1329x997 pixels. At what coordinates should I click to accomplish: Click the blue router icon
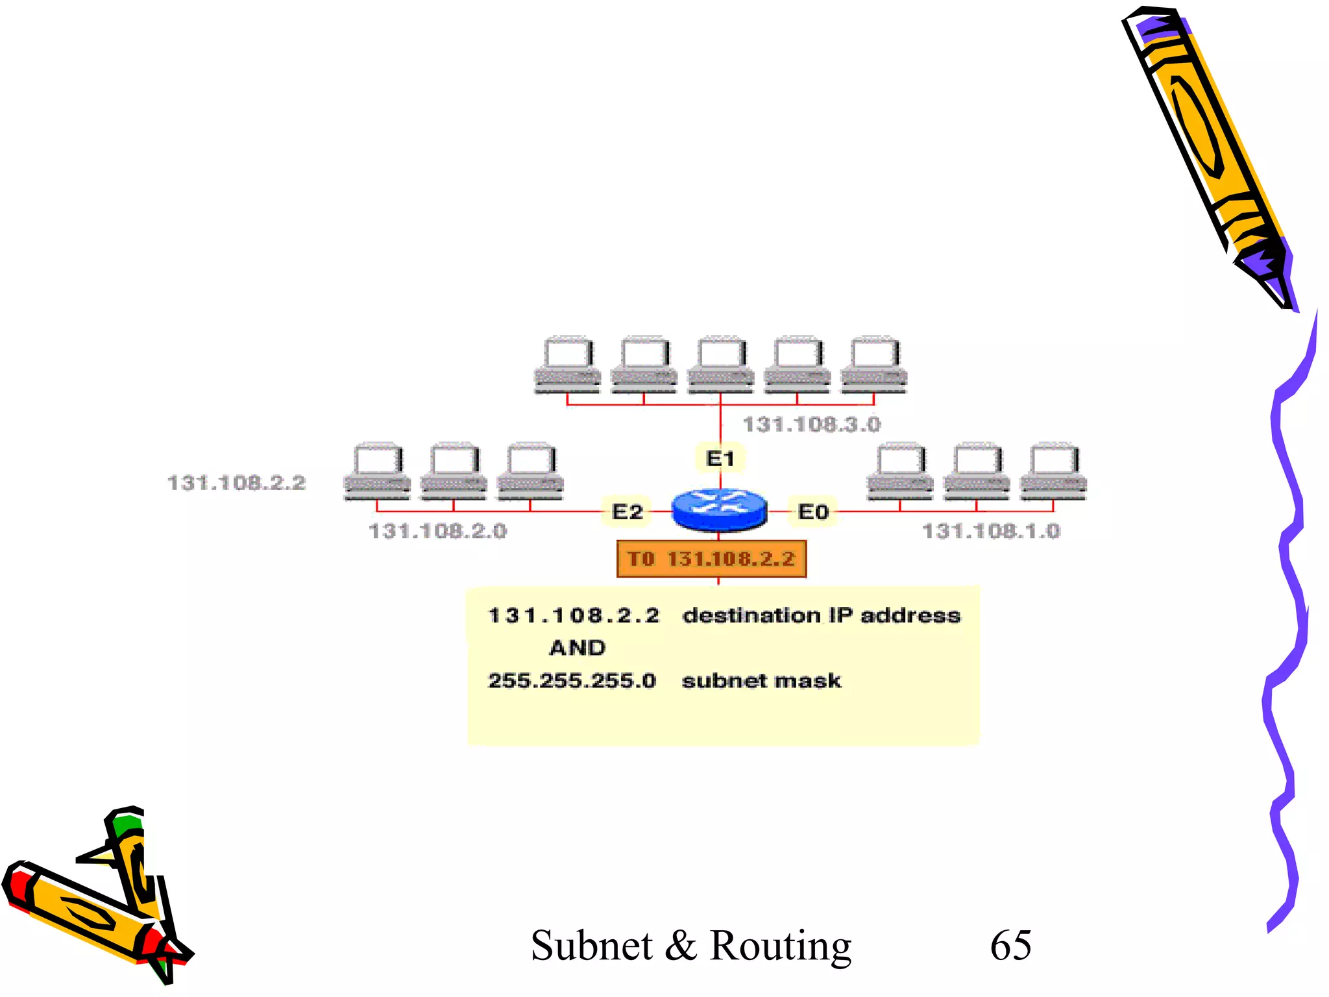tap(719, 510)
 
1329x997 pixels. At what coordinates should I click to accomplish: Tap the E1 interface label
tap(720, 459)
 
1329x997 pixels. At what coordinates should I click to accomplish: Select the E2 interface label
tap(627, 511)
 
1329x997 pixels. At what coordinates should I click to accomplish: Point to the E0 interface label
tap(813, 511)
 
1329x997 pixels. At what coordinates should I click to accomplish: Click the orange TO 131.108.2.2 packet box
tap(711, 559)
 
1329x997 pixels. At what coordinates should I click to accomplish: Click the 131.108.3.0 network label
tap(811, 425)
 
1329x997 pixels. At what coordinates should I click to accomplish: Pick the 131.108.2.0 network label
tap(437, 531)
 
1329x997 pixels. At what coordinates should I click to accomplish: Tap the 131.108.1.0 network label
tap(991, 531)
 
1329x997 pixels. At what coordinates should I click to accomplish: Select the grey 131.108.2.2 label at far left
tap(236, 483)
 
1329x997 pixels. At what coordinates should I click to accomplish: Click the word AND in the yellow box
tap(577, 648)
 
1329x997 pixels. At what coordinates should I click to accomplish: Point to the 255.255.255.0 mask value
tap(572, 681)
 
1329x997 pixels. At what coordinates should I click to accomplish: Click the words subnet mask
tap(761, 681)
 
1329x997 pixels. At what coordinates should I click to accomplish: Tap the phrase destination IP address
tap(821, 615)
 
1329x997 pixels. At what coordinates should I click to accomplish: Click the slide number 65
tap(1010, 945)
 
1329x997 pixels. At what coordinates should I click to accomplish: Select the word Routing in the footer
tap(780, 946)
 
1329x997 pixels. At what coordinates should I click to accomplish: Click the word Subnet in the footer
tap(591, 946)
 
